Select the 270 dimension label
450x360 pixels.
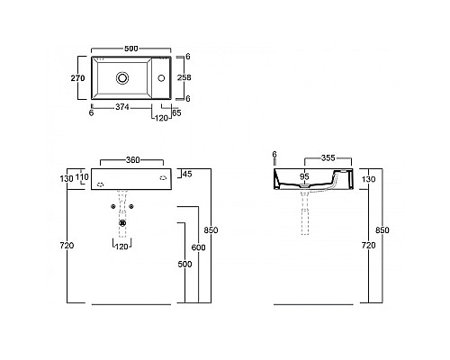point(77,79)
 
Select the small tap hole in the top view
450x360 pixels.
point(162,78)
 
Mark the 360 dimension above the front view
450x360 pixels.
point(131,159)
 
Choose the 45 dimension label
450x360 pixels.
point(187,175)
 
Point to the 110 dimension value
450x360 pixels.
point(83,178)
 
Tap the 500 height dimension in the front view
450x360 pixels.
point(185,265)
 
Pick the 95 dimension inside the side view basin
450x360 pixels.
point(305,177)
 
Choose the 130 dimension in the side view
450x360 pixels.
point(367,179)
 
